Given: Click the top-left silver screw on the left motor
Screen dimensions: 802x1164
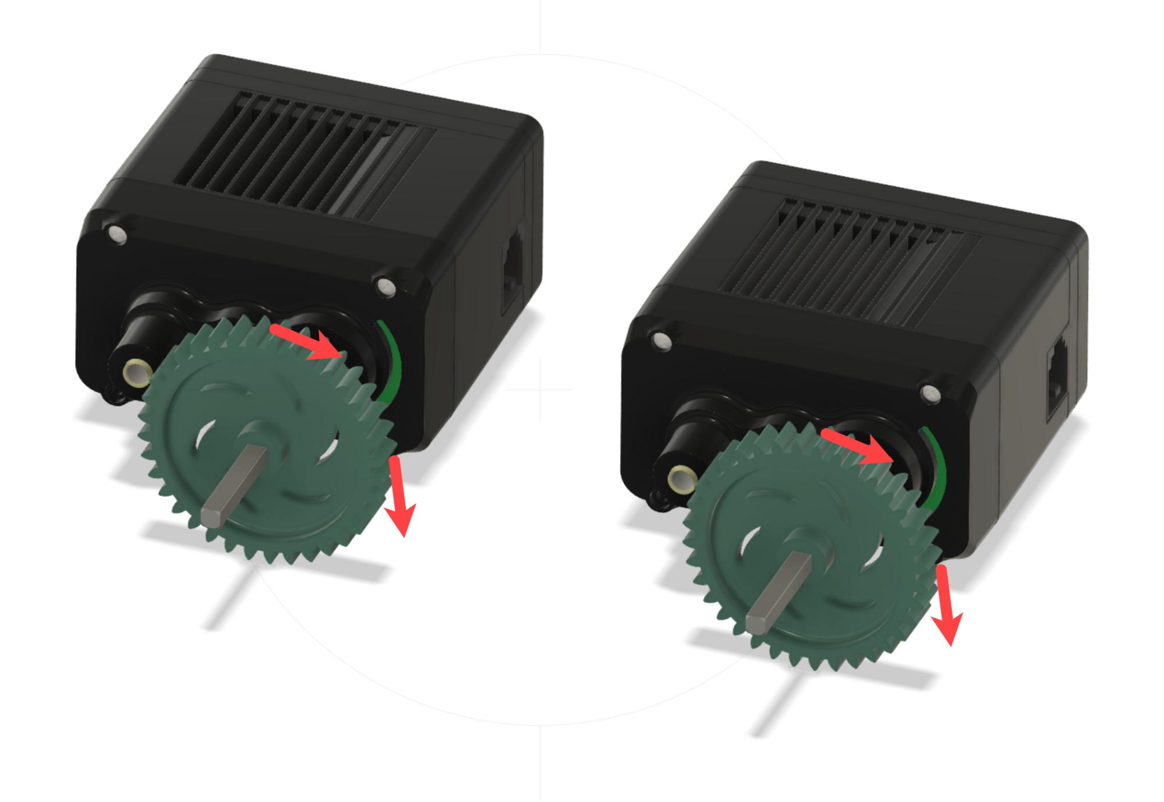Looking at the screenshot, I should tap(118, 234).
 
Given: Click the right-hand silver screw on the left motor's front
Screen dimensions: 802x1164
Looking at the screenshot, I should tap(385, 287).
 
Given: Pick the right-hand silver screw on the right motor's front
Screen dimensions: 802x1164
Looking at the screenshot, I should tap(931, 393).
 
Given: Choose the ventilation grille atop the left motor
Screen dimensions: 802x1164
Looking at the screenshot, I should tap(303, 154).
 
